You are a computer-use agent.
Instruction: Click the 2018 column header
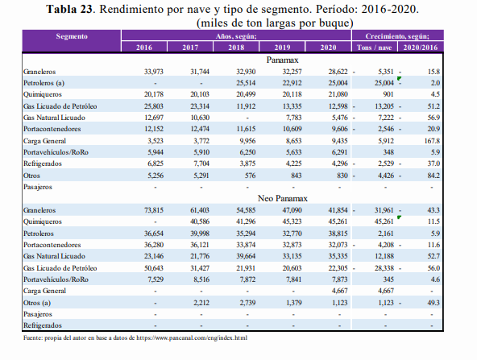236,48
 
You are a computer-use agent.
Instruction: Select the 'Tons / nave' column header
374,48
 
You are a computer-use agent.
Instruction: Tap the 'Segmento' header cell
72,36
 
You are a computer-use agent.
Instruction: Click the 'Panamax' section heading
282,60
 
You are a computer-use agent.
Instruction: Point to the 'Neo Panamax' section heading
283,198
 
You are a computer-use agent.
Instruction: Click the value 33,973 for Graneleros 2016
154,72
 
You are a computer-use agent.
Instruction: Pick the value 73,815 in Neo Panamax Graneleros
154,210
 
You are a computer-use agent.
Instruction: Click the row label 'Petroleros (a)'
44,83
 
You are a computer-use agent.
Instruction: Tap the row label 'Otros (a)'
37,303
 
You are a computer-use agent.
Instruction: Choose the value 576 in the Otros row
250,176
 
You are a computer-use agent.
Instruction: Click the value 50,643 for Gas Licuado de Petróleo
154,268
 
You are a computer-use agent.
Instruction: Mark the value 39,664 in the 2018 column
246,256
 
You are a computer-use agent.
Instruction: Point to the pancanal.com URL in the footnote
192,337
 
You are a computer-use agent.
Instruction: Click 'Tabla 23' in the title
69,9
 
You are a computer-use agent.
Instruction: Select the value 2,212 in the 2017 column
201,303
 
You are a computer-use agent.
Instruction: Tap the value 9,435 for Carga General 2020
339,141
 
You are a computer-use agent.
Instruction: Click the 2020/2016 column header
421,48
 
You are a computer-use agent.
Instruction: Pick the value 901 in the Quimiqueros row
388,94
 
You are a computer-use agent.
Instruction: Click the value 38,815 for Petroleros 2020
338,234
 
